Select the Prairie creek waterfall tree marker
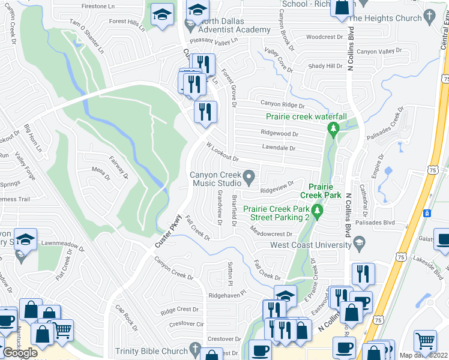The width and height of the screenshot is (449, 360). coord(332,127)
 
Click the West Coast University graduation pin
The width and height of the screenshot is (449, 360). coord(359,242)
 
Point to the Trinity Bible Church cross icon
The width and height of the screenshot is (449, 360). coord(194,349)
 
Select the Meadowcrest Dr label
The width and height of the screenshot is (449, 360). coord(271,235)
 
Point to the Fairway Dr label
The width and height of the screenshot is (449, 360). coord(118,167)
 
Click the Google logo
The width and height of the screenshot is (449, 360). coord(20,352)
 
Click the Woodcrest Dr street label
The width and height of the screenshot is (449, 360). coord(324,37)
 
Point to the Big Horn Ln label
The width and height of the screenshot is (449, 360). coord(31,137)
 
